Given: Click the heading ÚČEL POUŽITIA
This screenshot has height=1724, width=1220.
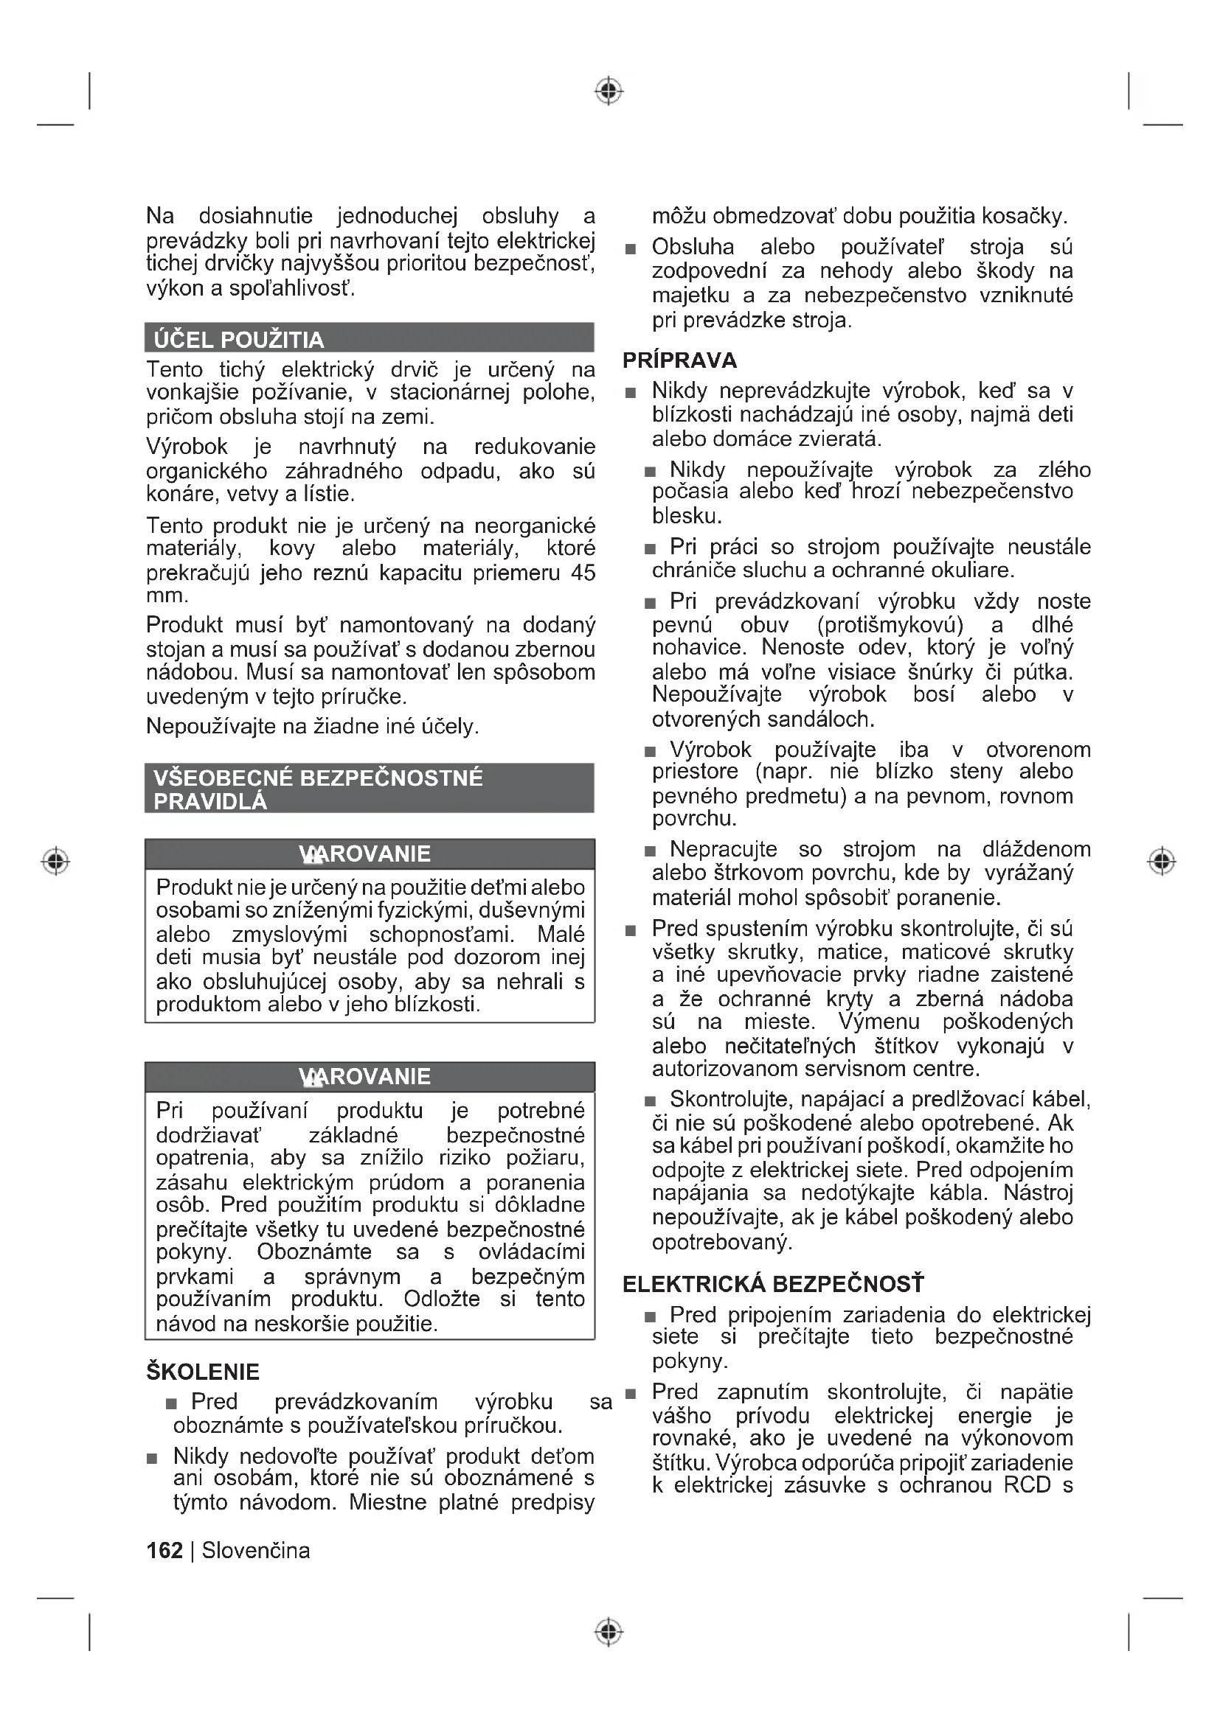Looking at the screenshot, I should [239, 340].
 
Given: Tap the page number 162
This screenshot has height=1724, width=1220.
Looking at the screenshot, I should [164, 1551].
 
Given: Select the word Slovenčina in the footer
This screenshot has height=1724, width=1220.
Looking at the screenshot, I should [255, 1551].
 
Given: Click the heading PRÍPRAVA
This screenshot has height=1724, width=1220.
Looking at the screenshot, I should [680, 360].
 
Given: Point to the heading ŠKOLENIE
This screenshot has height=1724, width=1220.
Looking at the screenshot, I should [203, 1372].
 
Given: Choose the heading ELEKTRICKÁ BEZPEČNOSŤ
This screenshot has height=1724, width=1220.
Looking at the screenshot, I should [773, 1284].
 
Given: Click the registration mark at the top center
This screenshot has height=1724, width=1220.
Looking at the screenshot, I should [609, 91].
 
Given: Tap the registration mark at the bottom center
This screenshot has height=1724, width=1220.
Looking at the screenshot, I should [609, 1632].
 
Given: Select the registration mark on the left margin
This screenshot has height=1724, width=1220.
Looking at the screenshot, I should [55, 860].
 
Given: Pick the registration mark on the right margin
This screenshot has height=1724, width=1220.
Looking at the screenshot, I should [1162, 860].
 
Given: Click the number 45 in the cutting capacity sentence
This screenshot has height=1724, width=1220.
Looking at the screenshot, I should [583, 573].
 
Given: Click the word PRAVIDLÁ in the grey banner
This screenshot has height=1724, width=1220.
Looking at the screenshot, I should [210, 802].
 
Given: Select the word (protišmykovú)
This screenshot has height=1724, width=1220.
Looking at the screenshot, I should [890, 625].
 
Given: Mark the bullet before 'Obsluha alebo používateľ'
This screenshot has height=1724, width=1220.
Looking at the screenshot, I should [631, 248].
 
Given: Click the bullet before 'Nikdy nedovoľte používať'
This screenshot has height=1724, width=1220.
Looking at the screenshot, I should [153, 1458].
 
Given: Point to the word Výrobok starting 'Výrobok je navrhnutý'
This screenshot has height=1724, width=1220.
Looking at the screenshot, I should [187, 447].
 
